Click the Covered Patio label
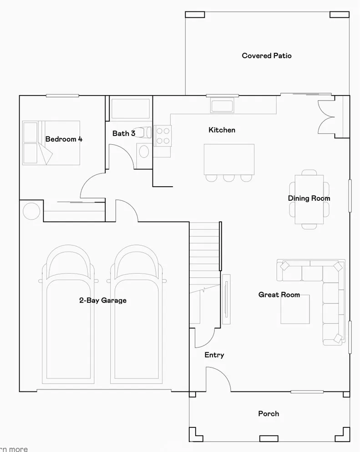267,56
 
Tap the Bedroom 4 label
64,139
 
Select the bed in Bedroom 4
51,142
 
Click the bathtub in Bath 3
130,110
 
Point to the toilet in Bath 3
144,132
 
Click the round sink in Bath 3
143,151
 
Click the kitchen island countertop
229,159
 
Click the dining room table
309,199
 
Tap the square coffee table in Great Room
295,310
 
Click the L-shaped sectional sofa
331,291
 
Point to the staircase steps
204,255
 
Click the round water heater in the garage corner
31,211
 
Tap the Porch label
269,414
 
